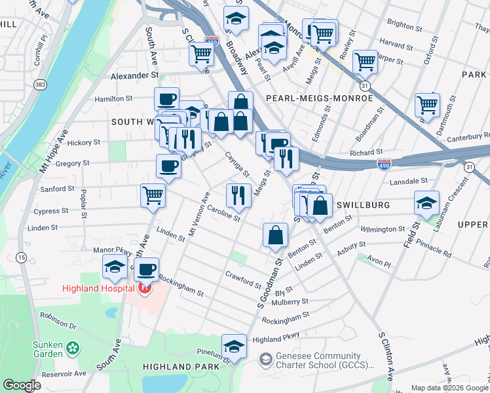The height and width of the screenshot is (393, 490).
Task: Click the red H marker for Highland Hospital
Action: coord(144,288)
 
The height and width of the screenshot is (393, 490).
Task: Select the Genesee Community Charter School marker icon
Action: coord(265,359)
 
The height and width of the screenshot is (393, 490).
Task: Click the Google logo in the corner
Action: coord(22,385)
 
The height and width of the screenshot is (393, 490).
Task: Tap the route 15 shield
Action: coord(22,258)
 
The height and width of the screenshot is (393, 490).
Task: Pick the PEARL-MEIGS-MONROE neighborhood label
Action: coord(319,98)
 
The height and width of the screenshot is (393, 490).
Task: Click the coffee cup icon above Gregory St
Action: coord(168,166)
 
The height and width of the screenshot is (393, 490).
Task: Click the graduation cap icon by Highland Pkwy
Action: coord(234,345)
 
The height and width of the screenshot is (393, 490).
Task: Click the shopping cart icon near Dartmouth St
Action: coord(427,103)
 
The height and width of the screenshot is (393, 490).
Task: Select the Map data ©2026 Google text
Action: coord(449,387)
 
